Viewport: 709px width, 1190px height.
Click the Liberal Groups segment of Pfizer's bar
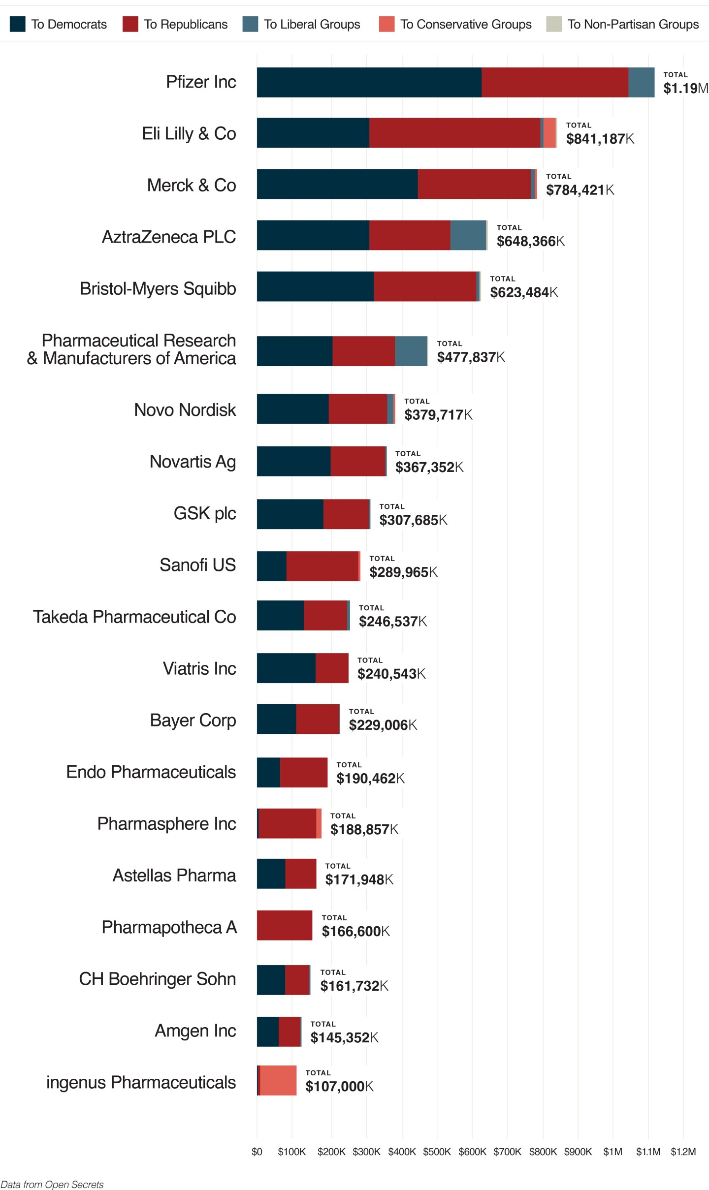click(x=641, y=82)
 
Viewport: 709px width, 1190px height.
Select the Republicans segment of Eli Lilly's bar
click(x=454, y=133)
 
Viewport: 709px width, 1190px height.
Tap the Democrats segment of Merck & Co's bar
click(x=337, y=184)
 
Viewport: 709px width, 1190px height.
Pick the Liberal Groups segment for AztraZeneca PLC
click(x=468, y=235)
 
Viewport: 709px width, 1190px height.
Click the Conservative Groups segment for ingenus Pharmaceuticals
click(x=278, y=1080)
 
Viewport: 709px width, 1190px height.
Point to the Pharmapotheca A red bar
click(x=285, y=925)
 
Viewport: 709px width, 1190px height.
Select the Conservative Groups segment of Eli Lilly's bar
click(x=549, y=133)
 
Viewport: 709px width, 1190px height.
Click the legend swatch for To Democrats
click(x=17, y=24)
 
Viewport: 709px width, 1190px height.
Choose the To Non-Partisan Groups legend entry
click(x=633, y=24)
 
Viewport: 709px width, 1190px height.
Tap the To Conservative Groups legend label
click(x=466, y=24)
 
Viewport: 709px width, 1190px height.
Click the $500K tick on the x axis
click(x=437, y=1152)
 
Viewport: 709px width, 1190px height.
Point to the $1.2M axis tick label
click(x=683, y=1152)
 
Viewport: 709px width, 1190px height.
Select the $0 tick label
click(x=257, y=1152)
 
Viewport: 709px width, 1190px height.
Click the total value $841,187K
click(x=600, y=139)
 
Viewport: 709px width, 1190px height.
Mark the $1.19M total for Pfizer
click(x=685, y=88)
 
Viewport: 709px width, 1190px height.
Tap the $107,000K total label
click(x=339, y=1086)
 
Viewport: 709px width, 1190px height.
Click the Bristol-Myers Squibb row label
click(x=158, y=288)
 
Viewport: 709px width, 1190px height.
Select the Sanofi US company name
click(x=197, y=565)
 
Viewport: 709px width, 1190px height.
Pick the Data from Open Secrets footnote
click(x=52, y=1184)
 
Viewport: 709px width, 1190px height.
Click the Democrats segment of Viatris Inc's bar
click(x=286, y=668)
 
